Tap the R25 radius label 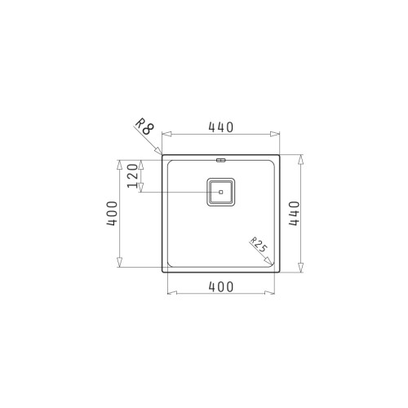(x=259, y=245)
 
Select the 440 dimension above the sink (x=220, y=126)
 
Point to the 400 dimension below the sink (x=220, y=286)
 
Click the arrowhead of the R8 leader (x=159, y=151)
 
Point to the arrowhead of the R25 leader (x=273, y=263)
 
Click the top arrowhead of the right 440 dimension (x=303, y=158)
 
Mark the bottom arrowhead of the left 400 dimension (x=121, y=262)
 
